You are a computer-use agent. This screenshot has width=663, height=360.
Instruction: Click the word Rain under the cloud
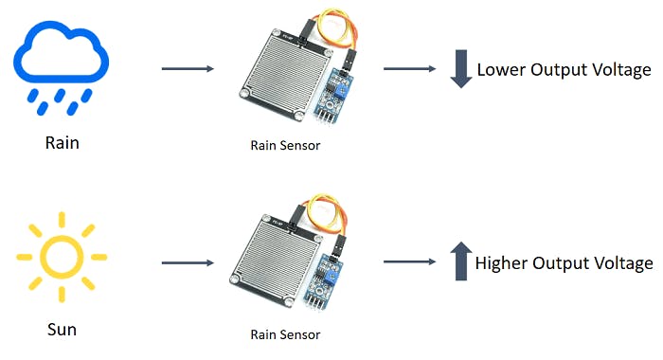[x=63, y=143]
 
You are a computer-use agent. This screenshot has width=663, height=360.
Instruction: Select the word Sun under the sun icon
[x=62, y=330]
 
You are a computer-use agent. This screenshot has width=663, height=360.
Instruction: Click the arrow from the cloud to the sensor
[x=188, y=69]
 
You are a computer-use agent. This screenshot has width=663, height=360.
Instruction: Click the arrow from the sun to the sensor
[x=188, y=263]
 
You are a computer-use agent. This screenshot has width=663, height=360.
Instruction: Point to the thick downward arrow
[x=460, y=70]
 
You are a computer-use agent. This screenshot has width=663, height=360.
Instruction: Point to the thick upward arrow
[x=460, y=261]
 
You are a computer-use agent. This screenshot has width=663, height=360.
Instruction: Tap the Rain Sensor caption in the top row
[x=285, y=145]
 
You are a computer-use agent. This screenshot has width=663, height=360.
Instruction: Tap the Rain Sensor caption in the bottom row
[x=285, y=334]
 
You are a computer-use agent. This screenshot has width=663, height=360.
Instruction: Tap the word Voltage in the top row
[x=619, y=70]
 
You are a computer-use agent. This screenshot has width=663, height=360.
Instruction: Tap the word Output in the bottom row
[x=566, y=263]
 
